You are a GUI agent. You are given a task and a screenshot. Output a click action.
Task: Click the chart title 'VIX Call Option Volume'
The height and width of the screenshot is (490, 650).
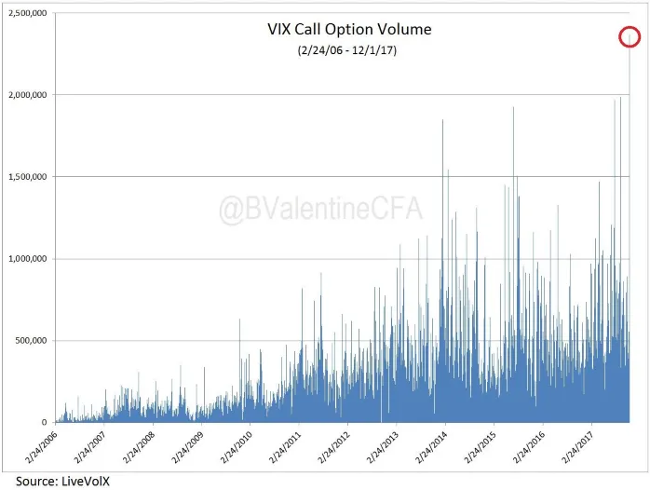tap(349, 29)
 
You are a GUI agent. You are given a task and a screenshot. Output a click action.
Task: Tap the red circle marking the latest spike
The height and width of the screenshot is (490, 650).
tap(630, 37)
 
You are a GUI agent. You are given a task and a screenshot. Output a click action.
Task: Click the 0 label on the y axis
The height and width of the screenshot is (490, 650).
tap(46, 422)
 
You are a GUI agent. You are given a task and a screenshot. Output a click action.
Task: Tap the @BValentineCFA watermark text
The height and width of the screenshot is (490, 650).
tap(320, 209)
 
